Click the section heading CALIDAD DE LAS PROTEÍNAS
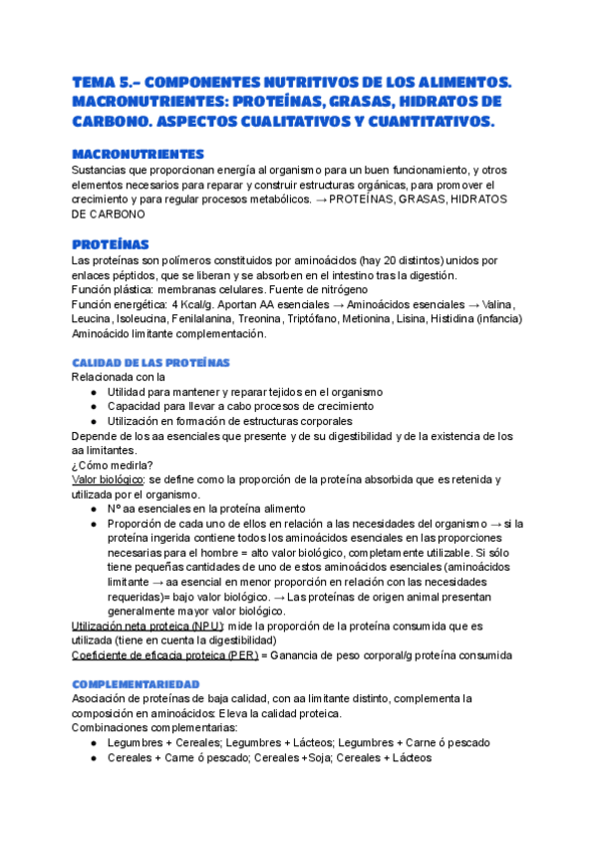click(150, 362)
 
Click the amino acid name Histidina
click(458, 318)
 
